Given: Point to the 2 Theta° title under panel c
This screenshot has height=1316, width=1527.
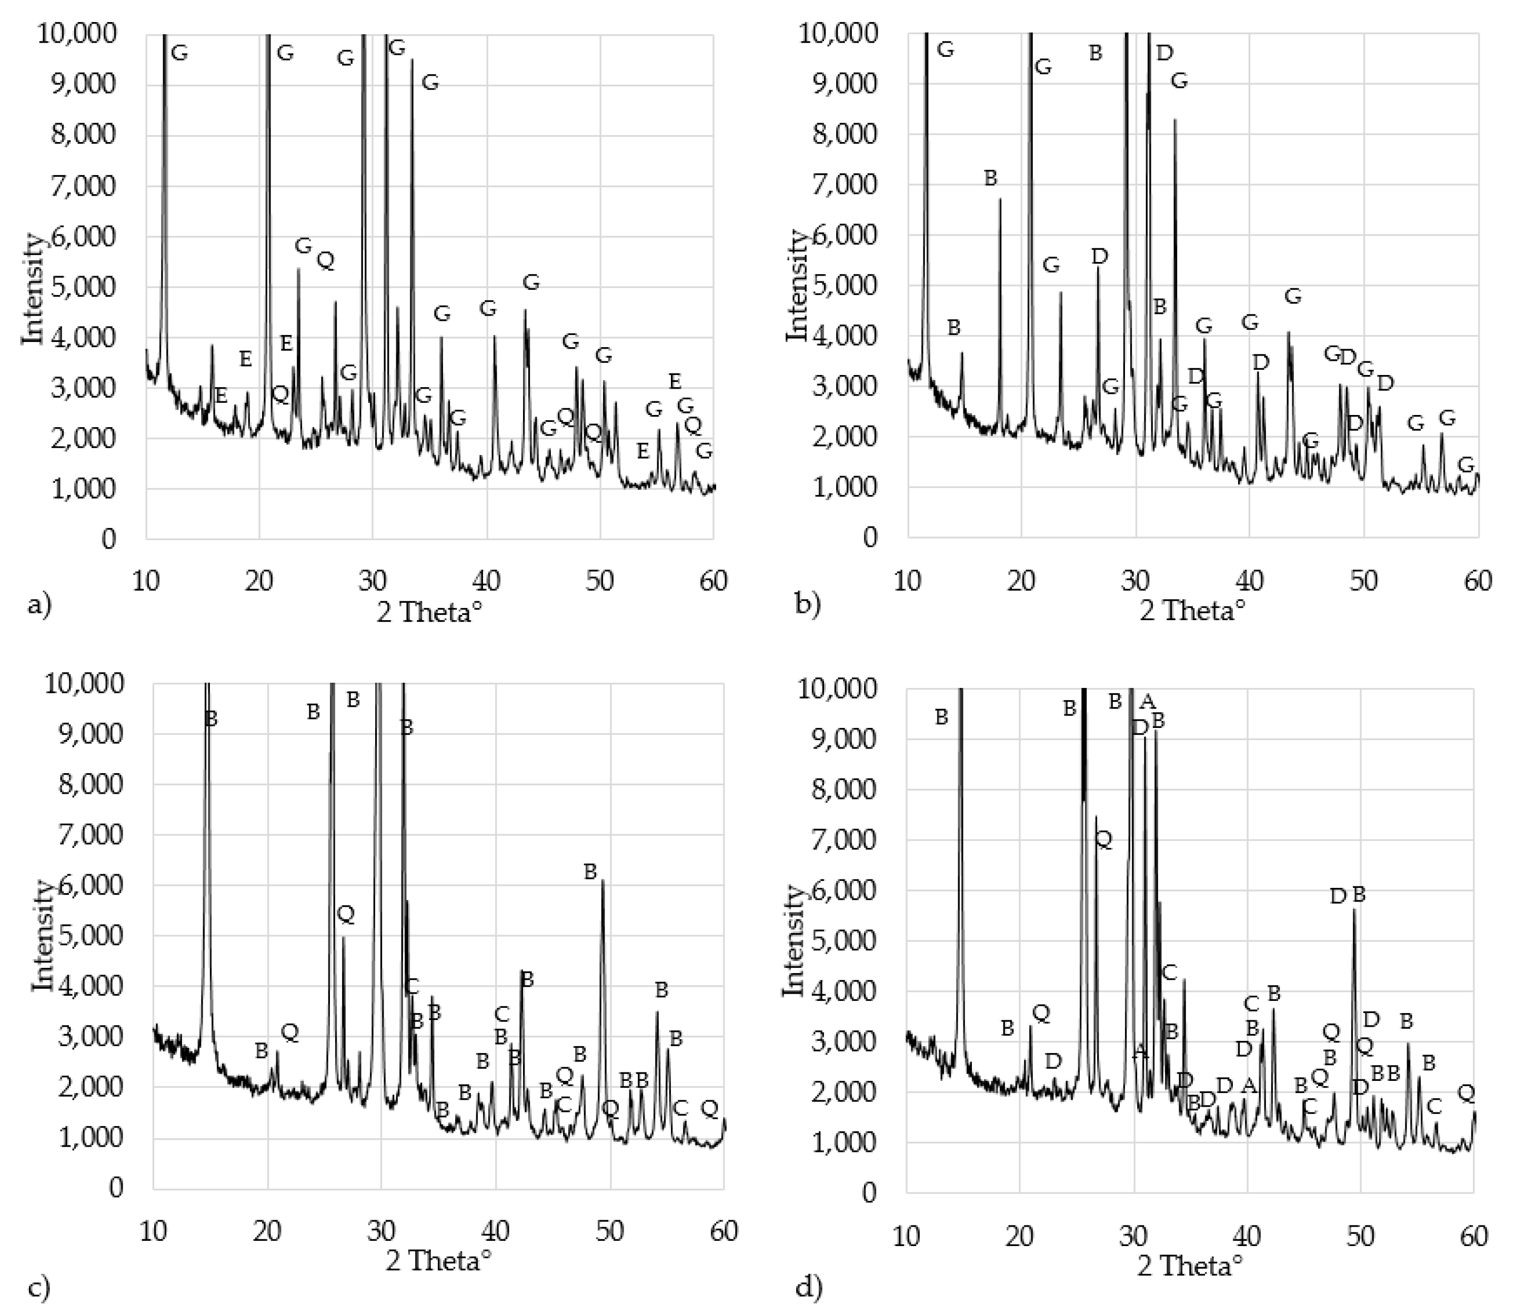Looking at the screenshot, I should [x=438, y=1261].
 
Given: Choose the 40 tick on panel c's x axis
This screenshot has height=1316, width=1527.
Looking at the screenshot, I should [x=496, y=1231].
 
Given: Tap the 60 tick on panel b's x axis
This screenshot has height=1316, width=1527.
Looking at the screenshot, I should [x=1478, y=581].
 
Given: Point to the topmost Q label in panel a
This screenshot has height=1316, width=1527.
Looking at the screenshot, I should [x=325, y=260].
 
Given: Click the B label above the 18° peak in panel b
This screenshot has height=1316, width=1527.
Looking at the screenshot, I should [x=990, y=178].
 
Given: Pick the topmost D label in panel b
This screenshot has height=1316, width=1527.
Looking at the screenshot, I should [x=1164, y=52].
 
